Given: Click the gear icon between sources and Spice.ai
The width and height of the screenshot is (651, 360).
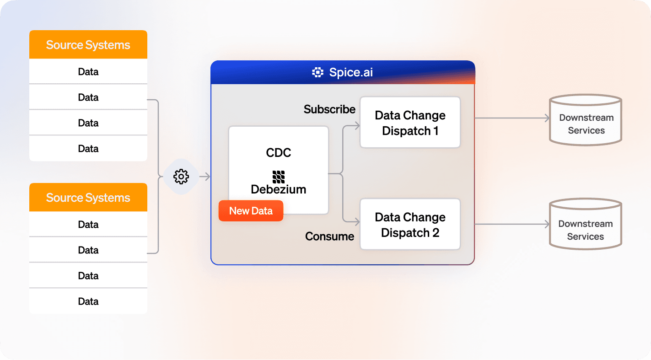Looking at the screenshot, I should click(x=181, y=177).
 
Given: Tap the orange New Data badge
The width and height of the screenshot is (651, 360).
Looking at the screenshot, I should click(x=251, y=211).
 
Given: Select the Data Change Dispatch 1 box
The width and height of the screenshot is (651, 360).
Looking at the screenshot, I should click(x=410, y=123).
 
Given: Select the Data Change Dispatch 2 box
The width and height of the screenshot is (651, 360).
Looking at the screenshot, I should click(x=410, y=225).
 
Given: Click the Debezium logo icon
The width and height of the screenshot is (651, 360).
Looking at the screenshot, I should click(x=278, y=177).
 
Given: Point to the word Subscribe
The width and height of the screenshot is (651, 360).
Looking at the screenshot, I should click(x=329, y=109).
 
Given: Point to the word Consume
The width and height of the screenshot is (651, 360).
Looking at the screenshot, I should click(x=329, y=236).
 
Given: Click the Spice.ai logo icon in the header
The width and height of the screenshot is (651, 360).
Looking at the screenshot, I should click(x=317, y=72).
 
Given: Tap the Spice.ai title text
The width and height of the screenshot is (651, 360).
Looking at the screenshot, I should click(x=351, y=72).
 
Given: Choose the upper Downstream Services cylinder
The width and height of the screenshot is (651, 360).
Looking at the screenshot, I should click(x=586, y=120).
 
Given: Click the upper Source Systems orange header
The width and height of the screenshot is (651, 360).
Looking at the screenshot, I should click(x=88, y=45).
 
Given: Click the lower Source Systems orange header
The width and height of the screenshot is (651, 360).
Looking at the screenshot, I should click(x=88, y=198).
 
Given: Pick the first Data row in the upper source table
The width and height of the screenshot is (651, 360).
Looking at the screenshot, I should click(x=88, y=72).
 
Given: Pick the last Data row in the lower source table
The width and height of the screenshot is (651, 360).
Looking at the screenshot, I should click(x=88, y=301).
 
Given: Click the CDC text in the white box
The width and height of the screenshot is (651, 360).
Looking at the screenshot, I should click(x=278, y=153).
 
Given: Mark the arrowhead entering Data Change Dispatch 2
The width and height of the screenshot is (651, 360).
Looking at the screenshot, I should click(x=357, y=222).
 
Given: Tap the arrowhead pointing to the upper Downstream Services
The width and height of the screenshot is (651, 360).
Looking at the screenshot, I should click(x=546, y=118).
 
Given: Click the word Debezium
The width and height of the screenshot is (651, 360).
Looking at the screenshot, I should click(x=278, y=189).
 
